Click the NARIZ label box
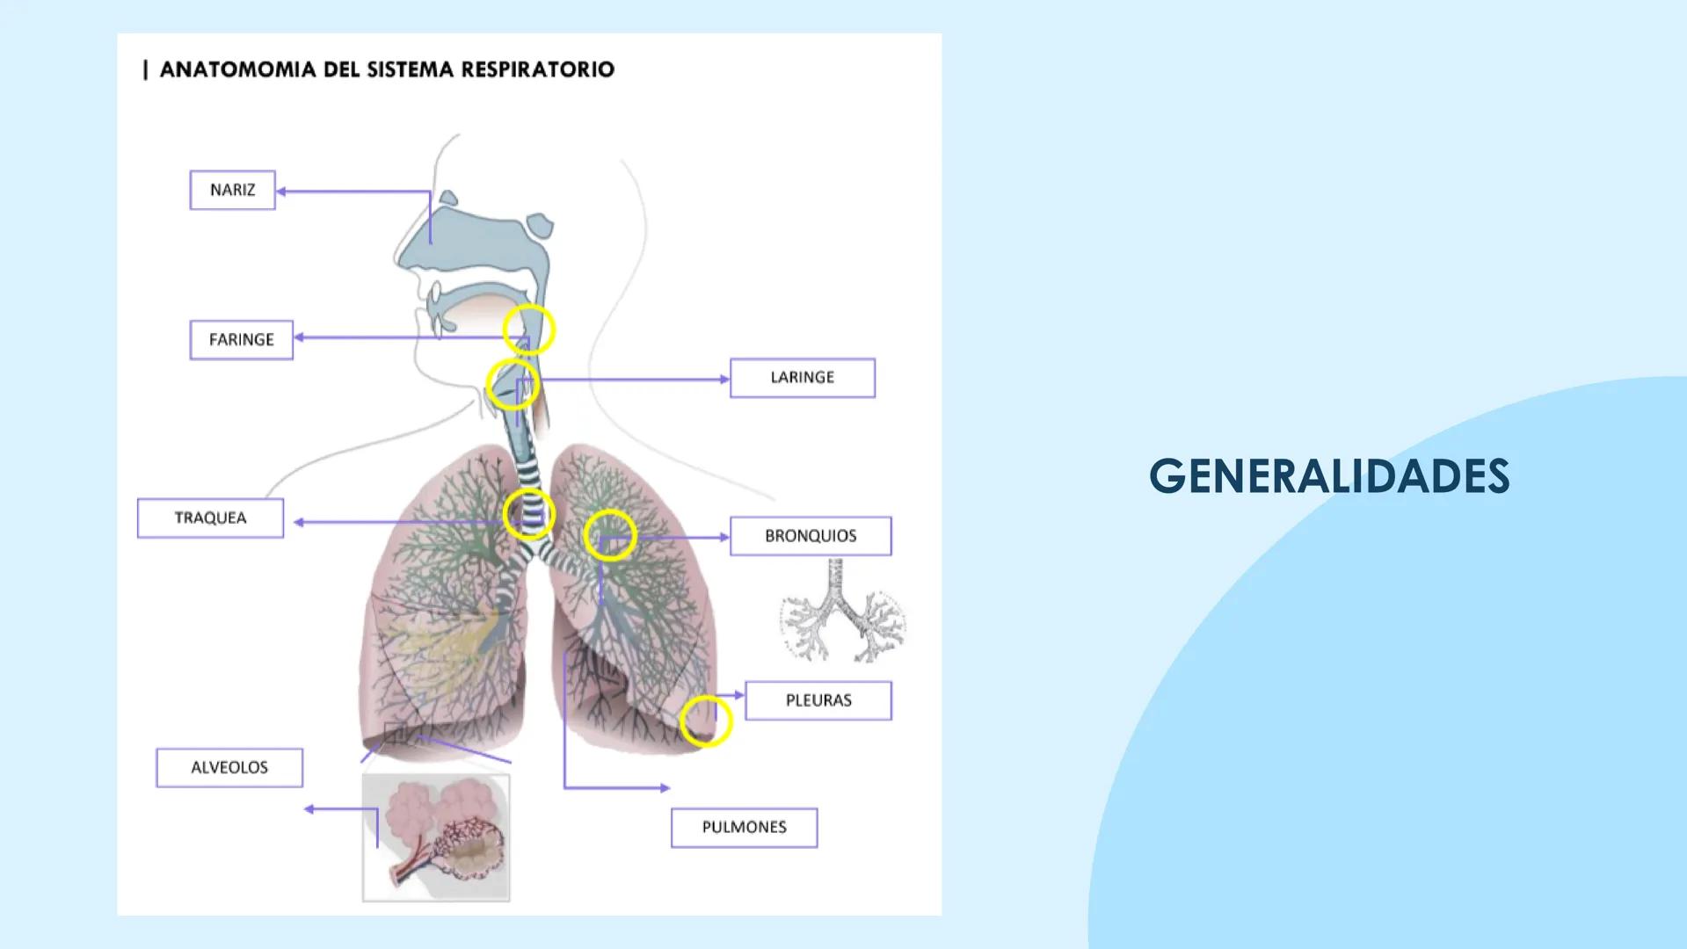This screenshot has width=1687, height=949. [232, 190]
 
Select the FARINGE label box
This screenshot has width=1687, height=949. [241, 340]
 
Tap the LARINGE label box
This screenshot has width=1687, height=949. [802, 378]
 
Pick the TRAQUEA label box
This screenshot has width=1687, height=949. [210, 518]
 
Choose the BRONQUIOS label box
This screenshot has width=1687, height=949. [810, 536]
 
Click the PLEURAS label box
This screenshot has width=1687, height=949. [818, 700]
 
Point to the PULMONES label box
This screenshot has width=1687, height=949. [744, 828]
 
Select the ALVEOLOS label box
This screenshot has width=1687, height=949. [229, 768]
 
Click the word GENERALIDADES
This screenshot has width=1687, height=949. [1328, 476]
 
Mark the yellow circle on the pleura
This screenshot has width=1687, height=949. [706, 721]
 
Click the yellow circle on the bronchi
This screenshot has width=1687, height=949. [610, 534]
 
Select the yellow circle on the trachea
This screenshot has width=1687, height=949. [529, 514]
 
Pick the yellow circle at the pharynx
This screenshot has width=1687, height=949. [529, 330]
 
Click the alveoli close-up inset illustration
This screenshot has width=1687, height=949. [436, 837]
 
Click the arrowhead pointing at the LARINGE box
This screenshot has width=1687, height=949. [724, 380]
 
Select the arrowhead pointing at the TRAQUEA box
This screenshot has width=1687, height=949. [299, 522]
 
